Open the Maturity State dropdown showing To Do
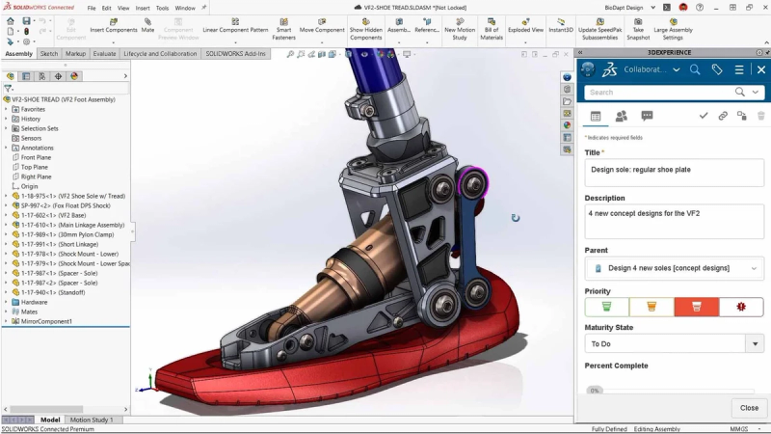coord(674,343)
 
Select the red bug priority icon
coord(740,307)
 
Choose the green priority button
coord(606,307)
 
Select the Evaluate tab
coord(104,54)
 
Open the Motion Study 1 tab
coord(92,420)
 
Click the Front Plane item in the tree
coord(37,157)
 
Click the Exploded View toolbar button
coord(524,30)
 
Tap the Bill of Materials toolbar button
coord(492,30)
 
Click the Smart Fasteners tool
coord(283,30)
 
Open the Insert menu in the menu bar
coord(143,8)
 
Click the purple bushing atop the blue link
coord(471,179)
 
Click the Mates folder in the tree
coord(29,312)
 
